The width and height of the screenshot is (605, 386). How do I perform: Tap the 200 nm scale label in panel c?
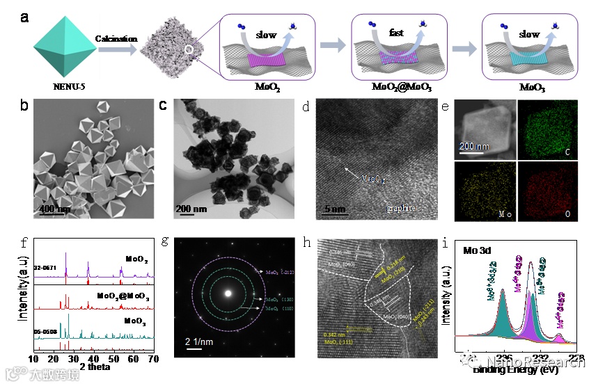pyautogui.click(x=191, y=208)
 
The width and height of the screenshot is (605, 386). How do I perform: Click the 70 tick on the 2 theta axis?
pyautogui.click(x=154, y=360)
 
